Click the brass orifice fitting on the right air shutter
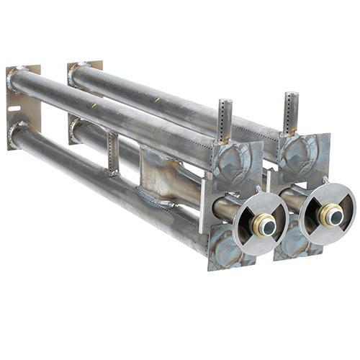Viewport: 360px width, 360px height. [330, 214]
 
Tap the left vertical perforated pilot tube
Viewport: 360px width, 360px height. [225, 120]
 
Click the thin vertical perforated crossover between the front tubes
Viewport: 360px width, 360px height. [113, 151]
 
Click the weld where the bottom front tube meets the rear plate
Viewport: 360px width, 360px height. [17, 131]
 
